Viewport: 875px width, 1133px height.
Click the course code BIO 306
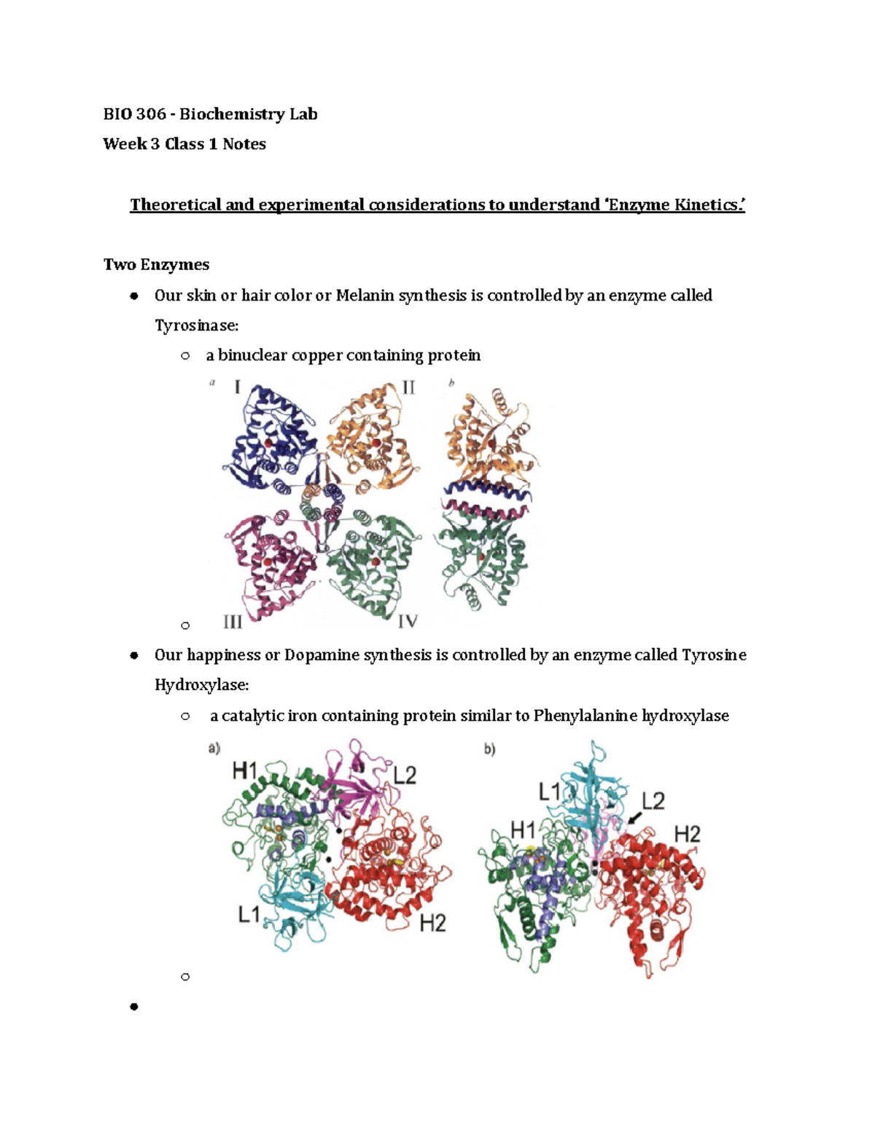point(134,114)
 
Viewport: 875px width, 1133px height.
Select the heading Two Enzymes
point(156,264)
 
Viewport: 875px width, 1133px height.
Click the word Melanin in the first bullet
point(364,295)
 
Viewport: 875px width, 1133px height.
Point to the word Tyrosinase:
point(196,325)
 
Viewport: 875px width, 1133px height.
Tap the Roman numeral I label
point(237,387)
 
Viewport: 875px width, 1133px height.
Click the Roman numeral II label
point(408,387)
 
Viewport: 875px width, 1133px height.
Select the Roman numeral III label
point(233,622)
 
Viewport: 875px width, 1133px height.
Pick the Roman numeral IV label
point(407,622)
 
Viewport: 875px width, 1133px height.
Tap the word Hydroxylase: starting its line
point(201,685)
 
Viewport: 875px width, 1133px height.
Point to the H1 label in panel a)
point(245,770)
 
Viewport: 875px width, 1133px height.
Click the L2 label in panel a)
point(405,775)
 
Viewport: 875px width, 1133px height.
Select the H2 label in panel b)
point(686,833)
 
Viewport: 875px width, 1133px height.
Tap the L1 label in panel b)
point(550,792)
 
